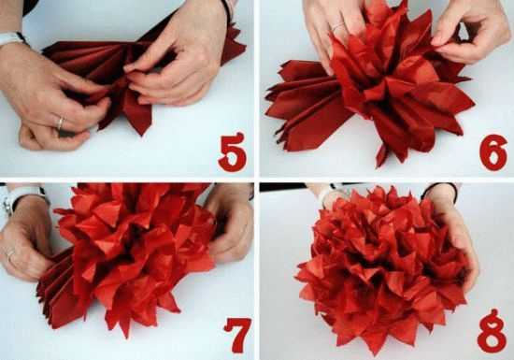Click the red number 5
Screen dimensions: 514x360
[232, 152]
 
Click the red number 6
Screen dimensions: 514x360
[493, 151]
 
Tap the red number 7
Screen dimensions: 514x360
[238, 335]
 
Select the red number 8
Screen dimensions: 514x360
[492, 331]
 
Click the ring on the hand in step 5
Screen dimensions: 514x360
[61, 123]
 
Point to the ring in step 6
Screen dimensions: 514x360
[337, 27]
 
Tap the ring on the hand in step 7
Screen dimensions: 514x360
[10, 254]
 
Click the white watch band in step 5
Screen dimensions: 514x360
[11, 38]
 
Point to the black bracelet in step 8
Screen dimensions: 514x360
[439, 190]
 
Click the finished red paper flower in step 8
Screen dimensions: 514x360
[382, 269]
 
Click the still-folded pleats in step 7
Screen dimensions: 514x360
[57, 289]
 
